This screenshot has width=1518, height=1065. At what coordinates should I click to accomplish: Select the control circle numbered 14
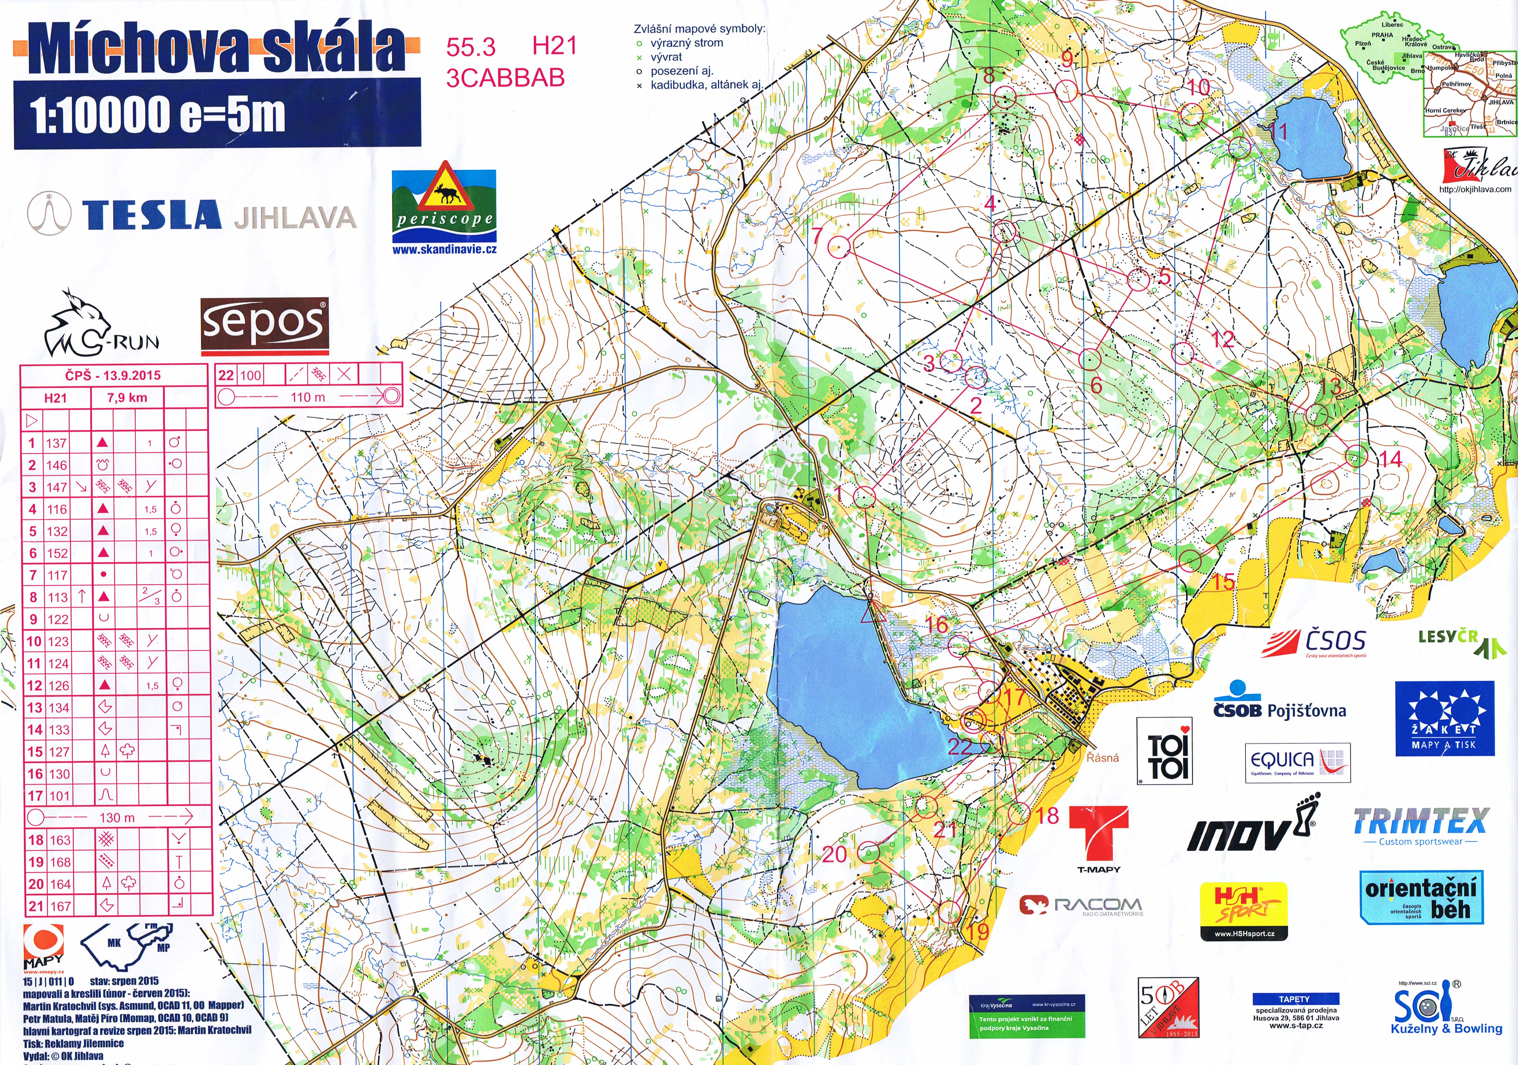click(1356, 456)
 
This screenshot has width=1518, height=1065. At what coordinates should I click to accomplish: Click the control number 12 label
click(1222, 340)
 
